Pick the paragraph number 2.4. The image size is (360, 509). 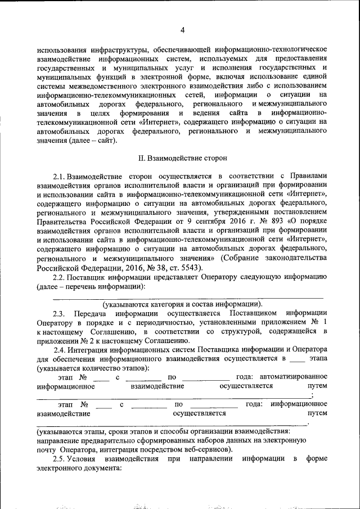[60, 350]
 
